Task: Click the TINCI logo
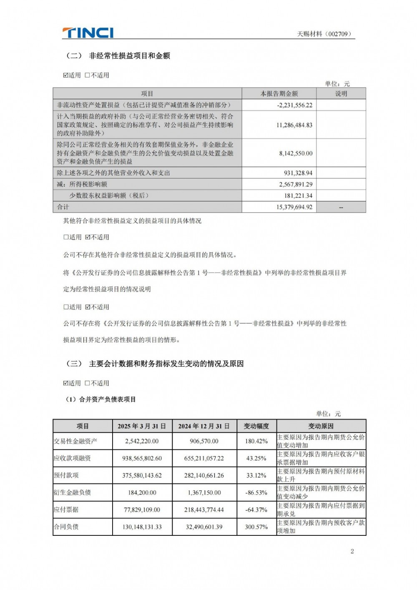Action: (88, 33)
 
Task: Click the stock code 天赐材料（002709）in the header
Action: (324, 34)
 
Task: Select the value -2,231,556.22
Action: (294, 105)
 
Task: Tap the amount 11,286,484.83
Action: (294, 125)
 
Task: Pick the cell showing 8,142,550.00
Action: (296, 153)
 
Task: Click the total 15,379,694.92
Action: (294, 207)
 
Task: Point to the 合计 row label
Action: (63, 207)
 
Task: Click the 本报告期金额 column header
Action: (279, 93)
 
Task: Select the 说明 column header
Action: (341, 93)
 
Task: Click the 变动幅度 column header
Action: (256, 426)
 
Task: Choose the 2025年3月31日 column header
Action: (142, 426)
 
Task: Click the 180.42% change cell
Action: (256, 441)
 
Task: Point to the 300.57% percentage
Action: (256, 527)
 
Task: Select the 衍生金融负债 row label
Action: (72, 492)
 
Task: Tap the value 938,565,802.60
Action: (142, 458)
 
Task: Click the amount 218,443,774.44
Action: (204, 510)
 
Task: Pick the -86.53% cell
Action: (256, 492)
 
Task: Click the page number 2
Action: (352, 551)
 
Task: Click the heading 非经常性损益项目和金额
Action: (129, 56)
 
